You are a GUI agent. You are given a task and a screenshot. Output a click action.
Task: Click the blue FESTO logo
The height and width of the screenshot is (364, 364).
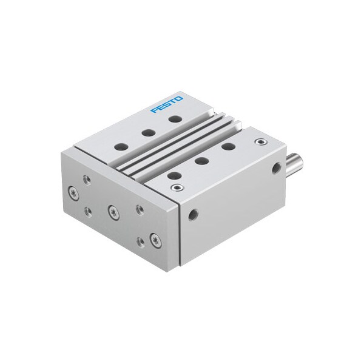(x=166, y=104)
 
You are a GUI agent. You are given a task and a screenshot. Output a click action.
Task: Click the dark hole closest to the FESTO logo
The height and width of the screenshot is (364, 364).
(x=175, y=119)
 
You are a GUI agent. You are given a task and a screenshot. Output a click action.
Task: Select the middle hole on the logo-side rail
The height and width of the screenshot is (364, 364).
(x=149, y=133)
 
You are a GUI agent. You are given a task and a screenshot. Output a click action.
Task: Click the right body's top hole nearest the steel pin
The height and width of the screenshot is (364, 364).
(x=229, y=146)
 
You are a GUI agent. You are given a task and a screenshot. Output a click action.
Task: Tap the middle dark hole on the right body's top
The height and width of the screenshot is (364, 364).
(x=201, y=161)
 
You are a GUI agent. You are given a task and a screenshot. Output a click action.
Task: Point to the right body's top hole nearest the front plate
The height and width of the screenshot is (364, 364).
(x=174, y=176)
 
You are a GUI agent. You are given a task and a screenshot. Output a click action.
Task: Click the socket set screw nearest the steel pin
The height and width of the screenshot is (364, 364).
(x=261, y=141)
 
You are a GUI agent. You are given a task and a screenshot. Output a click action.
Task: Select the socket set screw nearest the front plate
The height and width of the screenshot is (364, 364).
(x=177, y=187)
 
